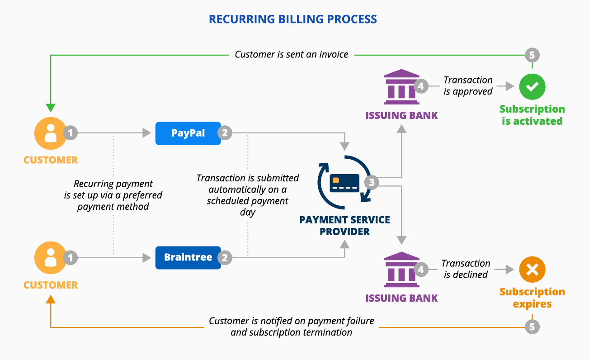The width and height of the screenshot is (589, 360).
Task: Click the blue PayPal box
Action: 188,133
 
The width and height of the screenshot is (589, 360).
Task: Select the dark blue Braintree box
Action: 188,258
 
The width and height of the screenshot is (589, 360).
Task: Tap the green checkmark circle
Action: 532,86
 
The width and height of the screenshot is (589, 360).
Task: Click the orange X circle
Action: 532,270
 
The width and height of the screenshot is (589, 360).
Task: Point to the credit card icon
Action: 344,183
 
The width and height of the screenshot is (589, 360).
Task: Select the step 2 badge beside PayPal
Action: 225,133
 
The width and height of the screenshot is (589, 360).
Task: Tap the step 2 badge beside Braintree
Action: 225,258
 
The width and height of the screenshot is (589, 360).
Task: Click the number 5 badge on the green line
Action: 532,55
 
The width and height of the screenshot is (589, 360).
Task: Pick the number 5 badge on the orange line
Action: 532,327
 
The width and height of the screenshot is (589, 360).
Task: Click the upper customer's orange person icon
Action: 51,133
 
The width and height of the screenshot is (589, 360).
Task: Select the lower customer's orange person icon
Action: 51,258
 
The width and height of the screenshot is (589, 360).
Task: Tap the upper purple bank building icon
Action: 401,86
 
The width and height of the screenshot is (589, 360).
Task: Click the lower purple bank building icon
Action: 401,270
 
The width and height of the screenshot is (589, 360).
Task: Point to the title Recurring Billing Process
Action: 292,19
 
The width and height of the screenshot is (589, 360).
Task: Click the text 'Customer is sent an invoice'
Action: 292,55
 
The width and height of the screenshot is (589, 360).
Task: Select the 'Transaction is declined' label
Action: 466,269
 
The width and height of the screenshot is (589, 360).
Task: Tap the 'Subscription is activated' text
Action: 532,115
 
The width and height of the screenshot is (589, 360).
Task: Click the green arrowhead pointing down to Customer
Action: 51,108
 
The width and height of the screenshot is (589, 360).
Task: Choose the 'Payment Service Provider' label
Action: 344,226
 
